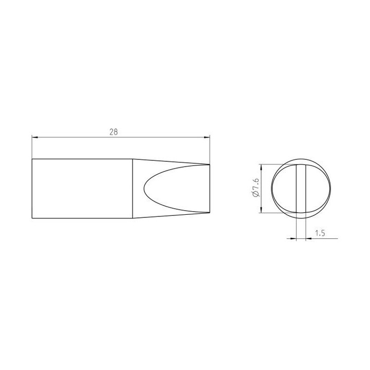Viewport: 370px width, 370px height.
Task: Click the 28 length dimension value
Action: point(114,132)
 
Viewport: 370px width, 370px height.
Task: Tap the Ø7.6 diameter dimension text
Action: point(256,188)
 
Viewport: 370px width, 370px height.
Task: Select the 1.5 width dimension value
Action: point(320,233)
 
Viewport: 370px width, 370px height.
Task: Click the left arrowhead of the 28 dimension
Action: point(35,137)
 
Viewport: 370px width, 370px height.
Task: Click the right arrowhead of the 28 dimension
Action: point(207,137)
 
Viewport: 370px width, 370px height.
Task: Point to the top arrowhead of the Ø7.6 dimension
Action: point(261,168)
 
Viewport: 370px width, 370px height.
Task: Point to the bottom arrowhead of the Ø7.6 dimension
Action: point(261,210)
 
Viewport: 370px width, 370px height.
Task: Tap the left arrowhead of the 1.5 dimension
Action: point(293,239)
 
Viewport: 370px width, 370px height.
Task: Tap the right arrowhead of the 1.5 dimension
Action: point(309,239)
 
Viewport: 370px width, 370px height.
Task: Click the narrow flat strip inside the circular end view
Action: point(301,189)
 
